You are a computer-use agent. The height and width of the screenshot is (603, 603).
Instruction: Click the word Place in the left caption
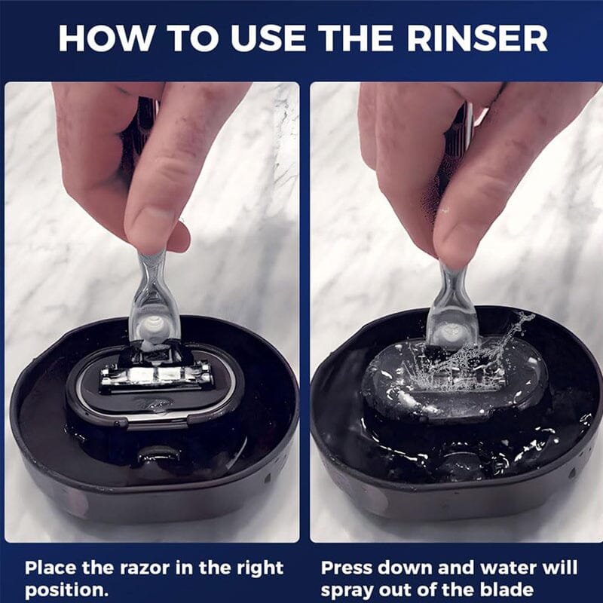click(x=51, y=568)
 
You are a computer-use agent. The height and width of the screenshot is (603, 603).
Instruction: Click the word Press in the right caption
click(x=349, y=568)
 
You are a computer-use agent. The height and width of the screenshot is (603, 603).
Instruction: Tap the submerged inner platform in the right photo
click(x=452, y=384)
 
